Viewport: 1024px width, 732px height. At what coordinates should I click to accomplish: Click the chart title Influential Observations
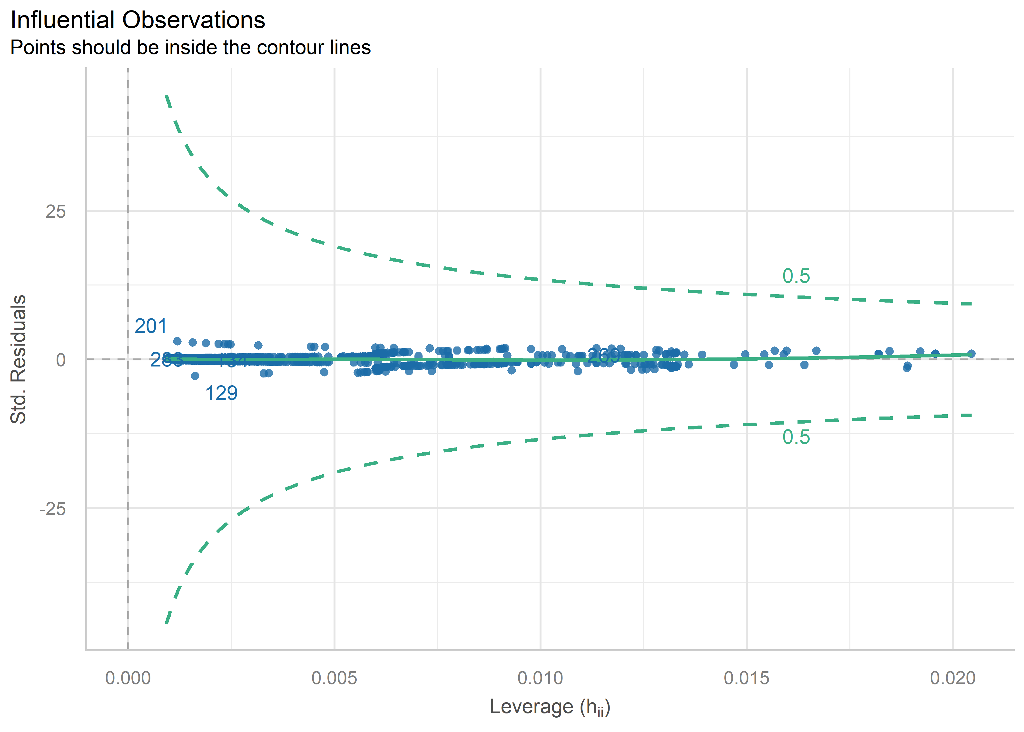click(138, 20)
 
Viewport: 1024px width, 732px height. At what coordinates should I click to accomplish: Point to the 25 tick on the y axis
click(55, 211)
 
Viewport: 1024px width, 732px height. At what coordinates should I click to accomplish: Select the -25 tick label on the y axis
click(53, 509)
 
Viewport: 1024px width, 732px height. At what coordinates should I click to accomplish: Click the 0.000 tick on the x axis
click(128, 678)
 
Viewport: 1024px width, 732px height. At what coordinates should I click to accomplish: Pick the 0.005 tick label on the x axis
click(334, 678)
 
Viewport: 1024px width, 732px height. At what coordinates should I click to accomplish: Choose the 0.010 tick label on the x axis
click(540, 678)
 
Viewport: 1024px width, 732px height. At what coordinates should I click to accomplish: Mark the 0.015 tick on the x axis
click(747, 678)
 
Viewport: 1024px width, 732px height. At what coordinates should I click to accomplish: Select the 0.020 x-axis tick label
click(953, 678)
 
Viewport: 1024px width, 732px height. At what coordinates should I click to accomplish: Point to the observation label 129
click(221, 393)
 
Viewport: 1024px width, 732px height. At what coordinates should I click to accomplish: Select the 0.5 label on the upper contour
click(796, 276)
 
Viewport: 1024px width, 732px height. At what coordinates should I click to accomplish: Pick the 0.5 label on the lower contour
click(796, 437)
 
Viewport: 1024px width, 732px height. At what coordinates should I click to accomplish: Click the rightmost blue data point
click(971, 353)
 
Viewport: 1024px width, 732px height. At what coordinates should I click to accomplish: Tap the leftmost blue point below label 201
click(177, 341)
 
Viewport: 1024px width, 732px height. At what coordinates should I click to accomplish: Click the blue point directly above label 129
click(195, 376)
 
